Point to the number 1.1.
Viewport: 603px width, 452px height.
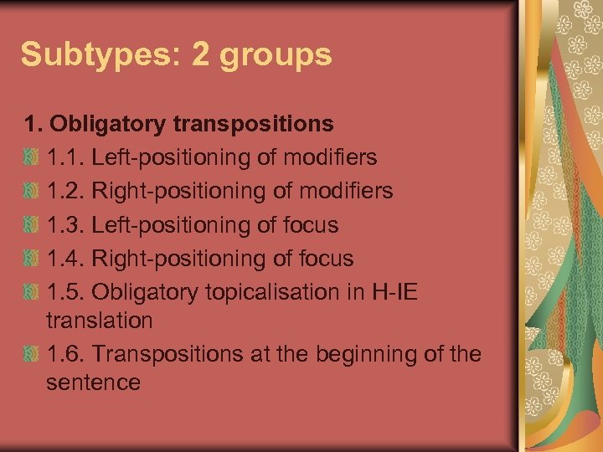(64, 157)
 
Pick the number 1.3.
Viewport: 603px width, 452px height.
(65, 225)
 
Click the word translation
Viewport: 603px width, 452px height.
(100, 321)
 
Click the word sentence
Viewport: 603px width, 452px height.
(93, 383)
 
